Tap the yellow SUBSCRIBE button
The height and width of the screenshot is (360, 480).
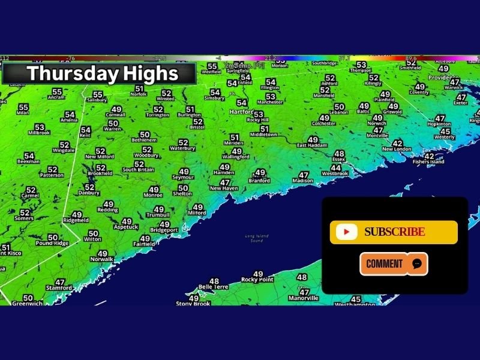[394, 232]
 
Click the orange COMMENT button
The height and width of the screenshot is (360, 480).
[394, 263]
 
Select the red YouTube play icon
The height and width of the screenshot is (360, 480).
[347, 232]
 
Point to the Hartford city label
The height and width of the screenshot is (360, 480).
[241, 112]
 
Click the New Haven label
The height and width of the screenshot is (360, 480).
[224, 188]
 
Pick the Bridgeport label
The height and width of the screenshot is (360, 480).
[164, 230]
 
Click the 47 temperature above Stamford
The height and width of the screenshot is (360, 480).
[60, 282]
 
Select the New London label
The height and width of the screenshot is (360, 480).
[397, 149]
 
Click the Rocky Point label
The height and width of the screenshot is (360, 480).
[257, 280]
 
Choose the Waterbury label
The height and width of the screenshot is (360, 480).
[183, 148]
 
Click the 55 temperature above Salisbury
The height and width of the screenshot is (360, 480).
[97, 94]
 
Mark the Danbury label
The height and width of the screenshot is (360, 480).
[89, 193]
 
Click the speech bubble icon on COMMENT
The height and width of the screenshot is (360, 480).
[417, 263]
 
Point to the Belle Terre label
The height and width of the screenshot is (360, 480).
[214, 287]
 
